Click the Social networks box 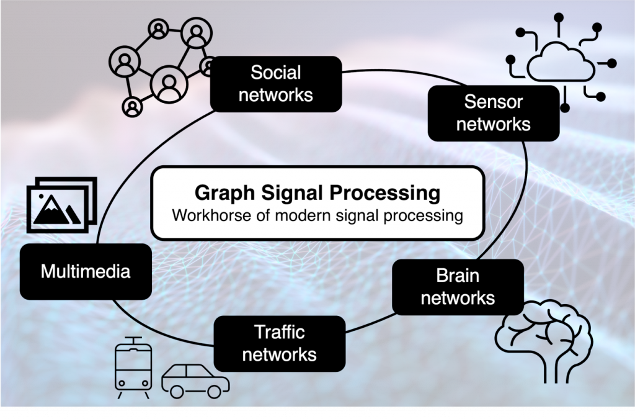276,84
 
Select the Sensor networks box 493,113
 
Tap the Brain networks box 458,287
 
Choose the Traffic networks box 280,344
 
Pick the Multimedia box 86,271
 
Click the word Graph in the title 224,193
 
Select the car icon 195,381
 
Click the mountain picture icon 61,205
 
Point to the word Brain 458,276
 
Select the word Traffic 280,332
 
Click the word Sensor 493,102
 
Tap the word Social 276,73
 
